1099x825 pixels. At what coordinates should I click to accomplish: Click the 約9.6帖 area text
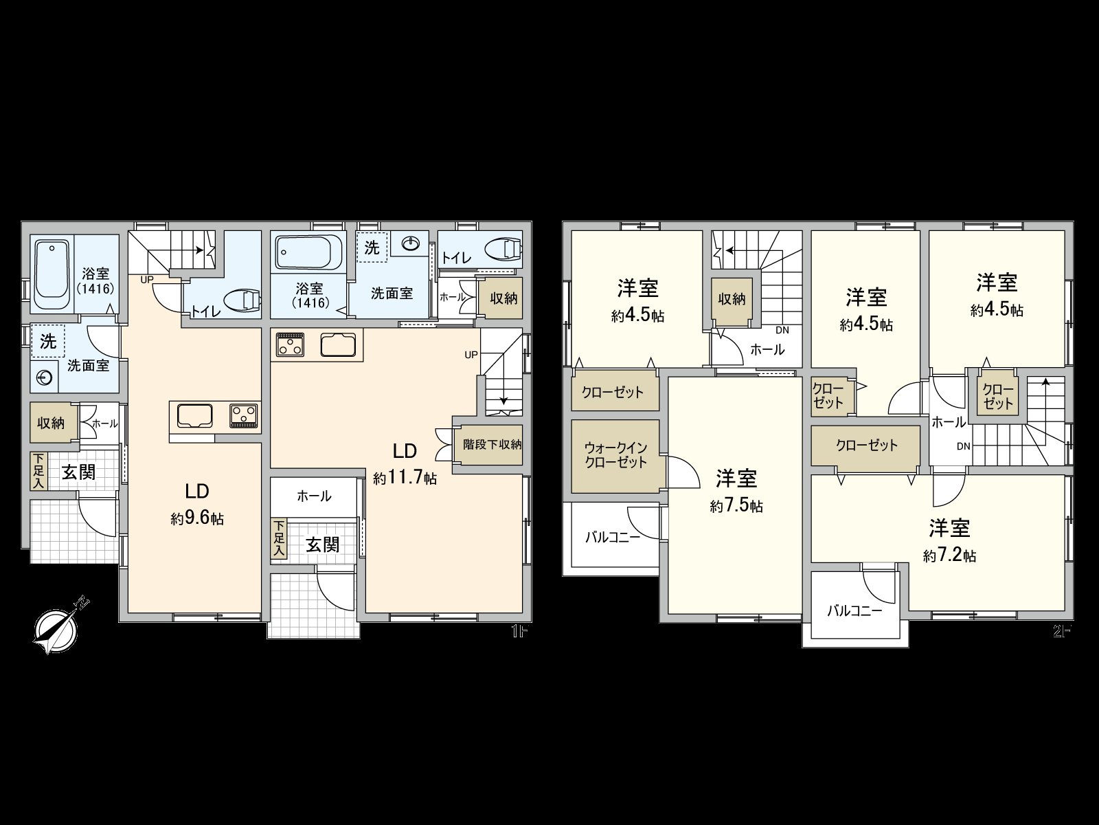pyautogui.click(x=197, y=518)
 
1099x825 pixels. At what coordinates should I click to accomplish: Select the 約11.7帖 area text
pyautogui.click(x=405, y=478)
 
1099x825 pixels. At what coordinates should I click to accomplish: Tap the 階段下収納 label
pyautogui.click(x=492, y=444)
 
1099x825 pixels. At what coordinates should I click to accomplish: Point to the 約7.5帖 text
pyautogui.click(x=736, y=506)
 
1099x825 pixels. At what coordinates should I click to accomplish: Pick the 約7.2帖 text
pyautogui.click(x=950, y=555)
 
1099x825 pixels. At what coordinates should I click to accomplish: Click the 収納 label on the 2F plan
pyautogui.click(x=732, y=299)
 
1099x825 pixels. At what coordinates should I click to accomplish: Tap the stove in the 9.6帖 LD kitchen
pyautogui.click(x=244, y=415)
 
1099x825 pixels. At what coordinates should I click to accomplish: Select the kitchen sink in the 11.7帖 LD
pyautogui.click(x=338, y=344)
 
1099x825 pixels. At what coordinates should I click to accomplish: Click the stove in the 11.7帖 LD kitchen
pyautogui.click(x=290, y=344)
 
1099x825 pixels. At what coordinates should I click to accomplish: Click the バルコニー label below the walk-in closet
pyautogui.click(x=613, y=537)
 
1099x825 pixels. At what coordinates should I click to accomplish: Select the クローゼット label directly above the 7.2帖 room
pyautogui.click(x=866, y=445)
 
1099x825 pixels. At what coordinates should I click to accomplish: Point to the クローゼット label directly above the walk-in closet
pyautogui.click(x=613, y=393)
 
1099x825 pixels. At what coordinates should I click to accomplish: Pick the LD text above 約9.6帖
pyautogui.click(x=196, y=491)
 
